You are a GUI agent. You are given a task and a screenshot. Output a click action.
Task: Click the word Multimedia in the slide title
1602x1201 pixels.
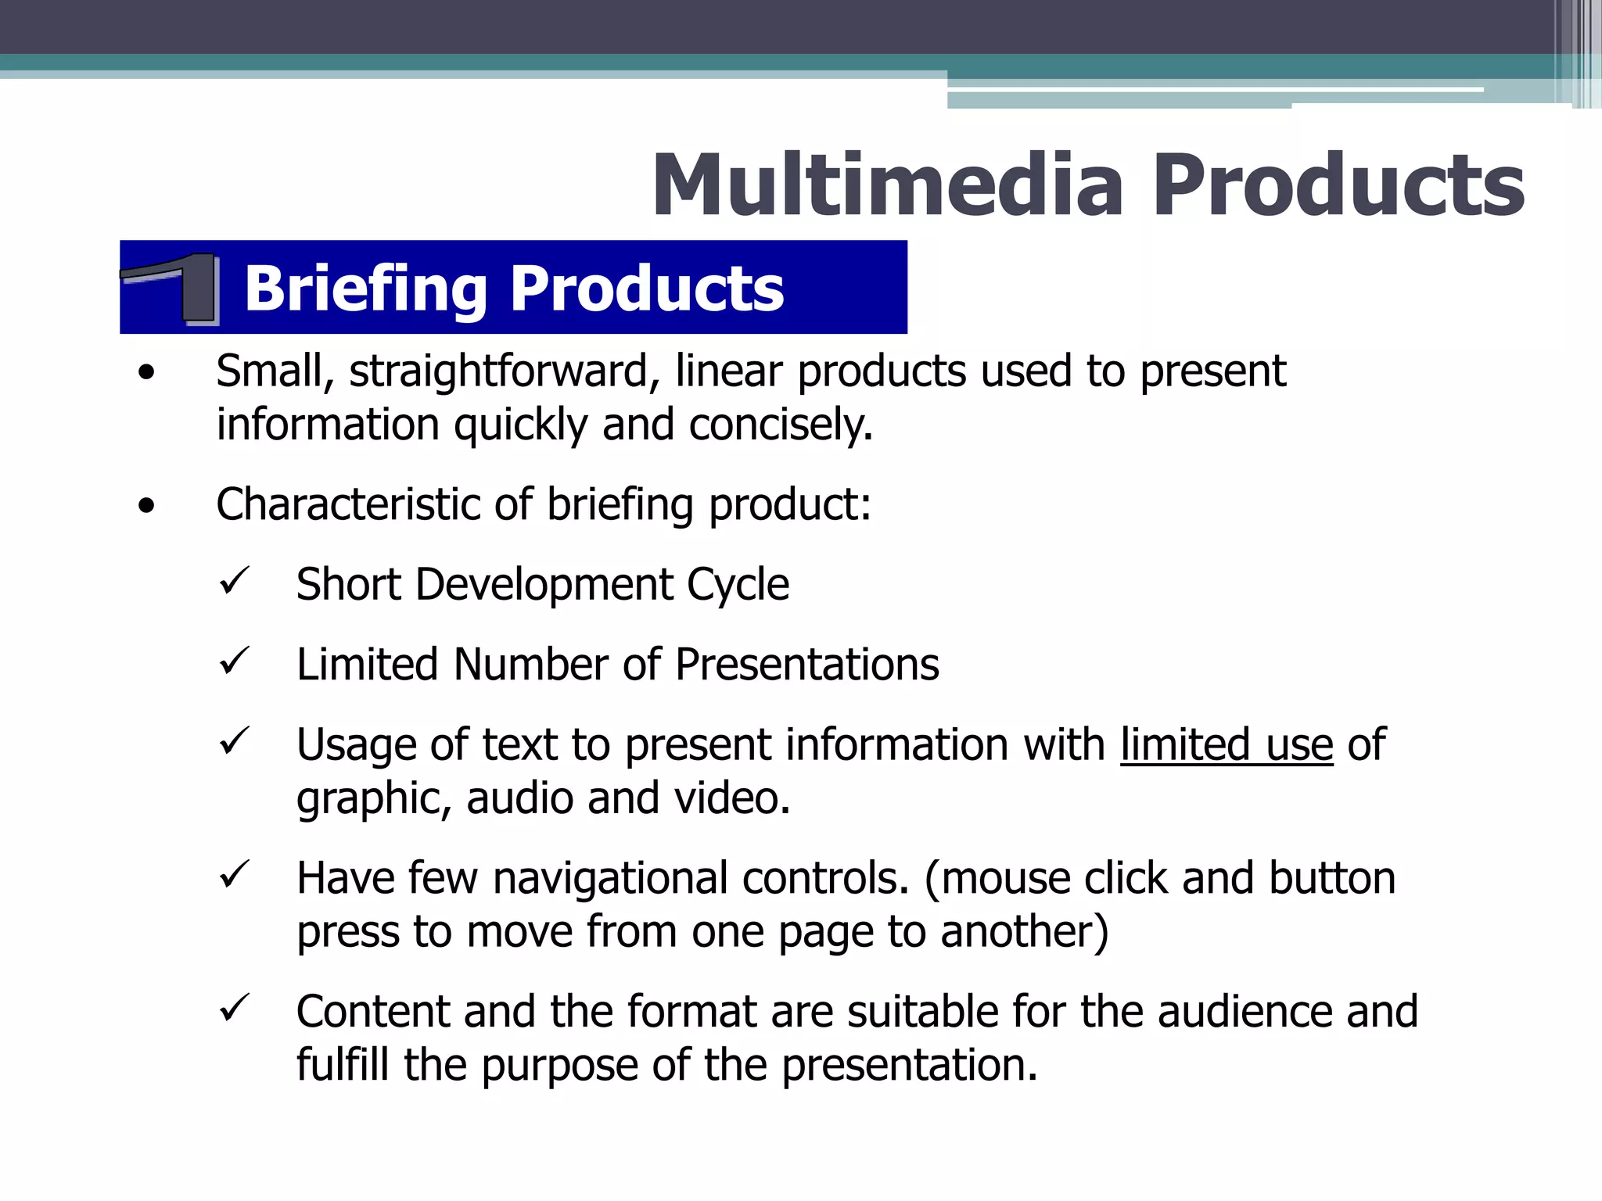889,186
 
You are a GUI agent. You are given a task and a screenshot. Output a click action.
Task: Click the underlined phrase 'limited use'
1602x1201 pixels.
1226,744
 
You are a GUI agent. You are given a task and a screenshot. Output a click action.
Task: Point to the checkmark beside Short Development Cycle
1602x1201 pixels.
234,581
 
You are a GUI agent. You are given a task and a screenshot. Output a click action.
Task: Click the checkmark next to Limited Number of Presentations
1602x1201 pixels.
234,661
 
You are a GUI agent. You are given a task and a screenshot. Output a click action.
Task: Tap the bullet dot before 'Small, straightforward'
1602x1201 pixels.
146,374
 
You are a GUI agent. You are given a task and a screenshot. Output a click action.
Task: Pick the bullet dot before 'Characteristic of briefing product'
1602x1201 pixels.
146,507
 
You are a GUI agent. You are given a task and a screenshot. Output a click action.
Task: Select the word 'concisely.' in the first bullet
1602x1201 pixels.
780,425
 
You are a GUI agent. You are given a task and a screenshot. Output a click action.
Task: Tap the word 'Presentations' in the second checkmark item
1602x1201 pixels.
806,665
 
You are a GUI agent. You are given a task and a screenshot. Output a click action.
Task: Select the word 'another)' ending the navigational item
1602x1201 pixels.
1024,932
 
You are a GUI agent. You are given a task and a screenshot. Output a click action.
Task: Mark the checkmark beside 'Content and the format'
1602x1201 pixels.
234,1008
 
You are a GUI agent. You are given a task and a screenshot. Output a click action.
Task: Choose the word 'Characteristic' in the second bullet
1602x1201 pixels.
347,504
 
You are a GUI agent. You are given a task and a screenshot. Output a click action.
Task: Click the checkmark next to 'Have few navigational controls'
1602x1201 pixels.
234,874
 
